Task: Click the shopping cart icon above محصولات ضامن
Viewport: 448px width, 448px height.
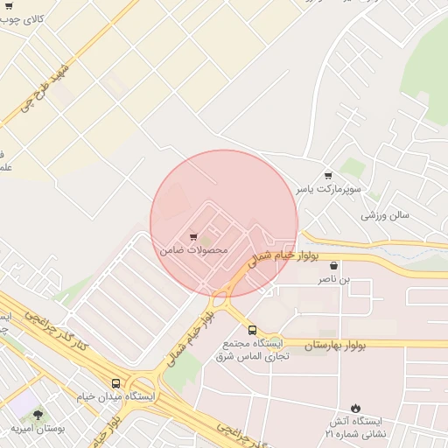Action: click(x=192, y=235)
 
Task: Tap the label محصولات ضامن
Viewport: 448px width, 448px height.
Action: click(x=193, y=250)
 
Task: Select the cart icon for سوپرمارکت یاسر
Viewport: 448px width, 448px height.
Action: click(x=328, y=175)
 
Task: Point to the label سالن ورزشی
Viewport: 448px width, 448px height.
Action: click(x=387, y=214)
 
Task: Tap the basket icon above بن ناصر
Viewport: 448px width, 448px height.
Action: click(x=333, y=265)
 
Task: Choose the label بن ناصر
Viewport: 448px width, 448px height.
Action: click(x=332, y=279)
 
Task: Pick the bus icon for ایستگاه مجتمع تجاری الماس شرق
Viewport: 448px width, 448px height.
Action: click(x=252, y=330)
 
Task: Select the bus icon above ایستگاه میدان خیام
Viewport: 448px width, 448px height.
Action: click(x=116, y=383)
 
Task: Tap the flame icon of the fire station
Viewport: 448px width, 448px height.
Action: click(x=355, y=407)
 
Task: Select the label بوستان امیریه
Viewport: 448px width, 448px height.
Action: click(x=38, y=429)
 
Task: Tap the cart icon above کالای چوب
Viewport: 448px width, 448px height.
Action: click(x=9, y=4)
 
